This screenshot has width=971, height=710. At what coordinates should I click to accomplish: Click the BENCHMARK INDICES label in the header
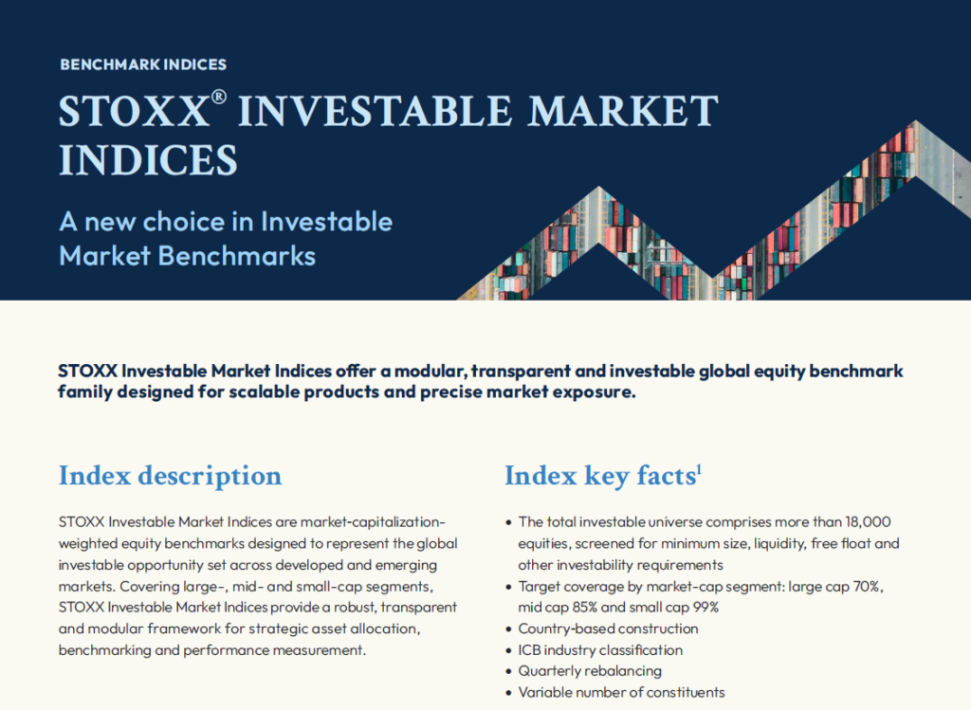(x=143, y=64)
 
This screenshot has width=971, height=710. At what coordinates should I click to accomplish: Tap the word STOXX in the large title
(x=133, y=112)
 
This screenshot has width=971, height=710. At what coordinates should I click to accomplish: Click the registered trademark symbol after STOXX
(x=219, y=97)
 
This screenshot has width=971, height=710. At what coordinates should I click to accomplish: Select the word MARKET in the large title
(x=622, y=112)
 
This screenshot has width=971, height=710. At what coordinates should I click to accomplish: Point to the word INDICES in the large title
(x=148, y=160)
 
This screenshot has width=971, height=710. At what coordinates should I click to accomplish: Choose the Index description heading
(x=171, y=476)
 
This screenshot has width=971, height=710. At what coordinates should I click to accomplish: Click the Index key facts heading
(x=600, y=476)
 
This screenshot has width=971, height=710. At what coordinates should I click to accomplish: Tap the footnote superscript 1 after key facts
(x=699, y=471)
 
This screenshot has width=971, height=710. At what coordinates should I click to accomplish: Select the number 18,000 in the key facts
(x=868, y=521)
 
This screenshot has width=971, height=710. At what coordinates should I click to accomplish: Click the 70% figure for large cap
(x=868, y=586)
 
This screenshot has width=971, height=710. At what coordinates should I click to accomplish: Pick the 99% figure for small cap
(x=705, y=608)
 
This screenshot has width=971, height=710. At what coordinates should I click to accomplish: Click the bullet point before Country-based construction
(x=509, y=629)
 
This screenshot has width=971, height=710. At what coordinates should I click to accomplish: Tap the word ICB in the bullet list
(x=529, y=650)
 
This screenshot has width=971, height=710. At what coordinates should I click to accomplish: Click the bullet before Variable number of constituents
(x=509, y=693)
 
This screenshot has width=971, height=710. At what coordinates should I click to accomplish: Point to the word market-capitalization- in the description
(x=372, y=521)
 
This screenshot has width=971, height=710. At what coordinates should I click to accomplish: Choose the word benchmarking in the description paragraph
(x=104, y=650)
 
